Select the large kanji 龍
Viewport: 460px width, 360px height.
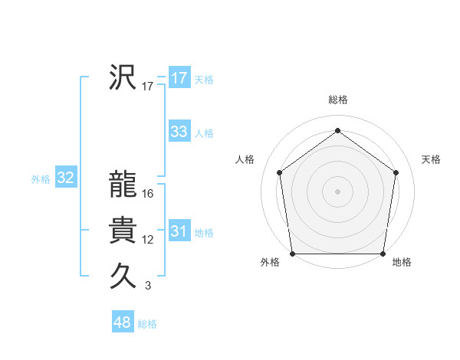click(123, 184)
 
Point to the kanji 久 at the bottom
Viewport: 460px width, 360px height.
click(123, 276)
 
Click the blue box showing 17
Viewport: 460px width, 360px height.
click(179, 78)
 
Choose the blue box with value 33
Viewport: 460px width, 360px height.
click(179, 132)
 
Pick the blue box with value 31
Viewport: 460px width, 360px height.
click(179, 231)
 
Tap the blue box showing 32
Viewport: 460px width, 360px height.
click(65, 178)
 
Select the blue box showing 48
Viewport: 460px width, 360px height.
click(122, 322)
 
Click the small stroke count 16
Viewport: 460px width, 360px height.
click(148, 194)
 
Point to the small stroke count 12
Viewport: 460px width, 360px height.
click(148, 240)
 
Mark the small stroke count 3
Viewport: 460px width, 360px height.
click(148, 286)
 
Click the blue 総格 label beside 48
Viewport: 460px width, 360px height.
click(147, 324)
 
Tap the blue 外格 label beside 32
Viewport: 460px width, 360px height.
click(41, 179)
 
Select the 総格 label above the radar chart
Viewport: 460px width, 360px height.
click(337, 100)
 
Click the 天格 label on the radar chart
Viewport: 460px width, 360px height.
click(432, 159)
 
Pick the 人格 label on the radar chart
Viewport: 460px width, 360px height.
click(245, 159)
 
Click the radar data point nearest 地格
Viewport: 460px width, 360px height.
click(383, 254)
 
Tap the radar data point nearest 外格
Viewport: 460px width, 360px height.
click(292, 254)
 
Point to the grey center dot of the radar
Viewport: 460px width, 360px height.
click(337, 191)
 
